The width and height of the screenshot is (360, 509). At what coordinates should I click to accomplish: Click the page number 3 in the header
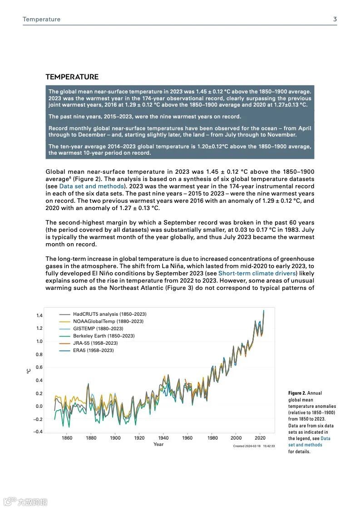tap(335, 19)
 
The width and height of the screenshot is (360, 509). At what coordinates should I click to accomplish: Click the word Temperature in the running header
tap(41, 20)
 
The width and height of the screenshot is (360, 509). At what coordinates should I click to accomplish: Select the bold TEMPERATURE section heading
tap(72, 77)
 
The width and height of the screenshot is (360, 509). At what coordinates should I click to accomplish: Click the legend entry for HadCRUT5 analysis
tap(109, 314)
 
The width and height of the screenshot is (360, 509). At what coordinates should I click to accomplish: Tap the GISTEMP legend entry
tap(98, 328)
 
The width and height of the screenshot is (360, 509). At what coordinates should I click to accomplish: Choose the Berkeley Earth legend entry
tap(104, 336)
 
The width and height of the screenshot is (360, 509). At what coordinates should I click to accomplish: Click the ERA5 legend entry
tap(93, 350)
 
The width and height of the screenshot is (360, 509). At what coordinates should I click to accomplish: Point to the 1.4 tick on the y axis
tap(39, 315)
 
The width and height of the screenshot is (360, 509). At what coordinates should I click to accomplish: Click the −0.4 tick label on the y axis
tap(38, 432)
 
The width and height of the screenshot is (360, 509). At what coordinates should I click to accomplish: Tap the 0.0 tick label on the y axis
tap(39, 406)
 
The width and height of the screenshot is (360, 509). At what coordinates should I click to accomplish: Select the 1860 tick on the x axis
tap(67, 438)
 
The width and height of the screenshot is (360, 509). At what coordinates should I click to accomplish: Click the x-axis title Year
tap(158, 445)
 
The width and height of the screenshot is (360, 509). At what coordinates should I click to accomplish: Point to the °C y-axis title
tap(28, 371)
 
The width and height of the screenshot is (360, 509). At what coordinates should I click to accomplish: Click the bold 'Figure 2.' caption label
tap(297, 393)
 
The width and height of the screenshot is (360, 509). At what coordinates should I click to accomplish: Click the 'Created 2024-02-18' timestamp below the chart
tap(247, 446)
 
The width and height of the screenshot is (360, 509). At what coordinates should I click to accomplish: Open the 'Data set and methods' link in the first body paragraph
tap(91, 186)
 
